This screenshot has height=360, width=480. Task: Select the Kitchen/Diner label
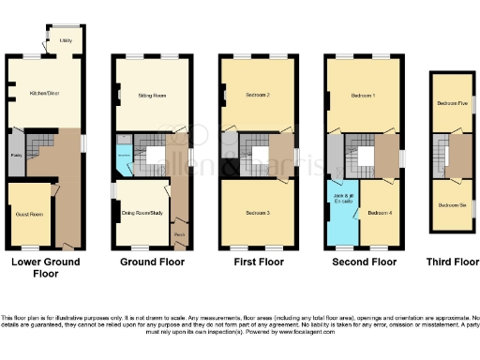point(44,94)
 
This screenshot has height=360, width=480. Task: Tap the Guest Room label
point(30,215)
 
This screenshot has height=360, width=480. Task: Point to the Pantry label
point(16,157)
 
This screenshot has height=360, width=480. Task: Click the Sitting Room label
point(152,96)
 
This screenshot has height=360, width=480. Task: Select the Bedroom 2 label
point(258,96)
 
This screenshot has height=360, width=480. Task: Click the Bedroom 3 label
point(258,215)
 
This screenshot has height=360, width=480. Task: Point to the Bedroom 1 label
point(364,96)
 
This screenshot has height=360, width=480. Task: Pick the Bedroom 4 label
point(379,215)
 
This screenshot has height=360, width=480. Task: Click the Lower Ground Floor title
point(45,267)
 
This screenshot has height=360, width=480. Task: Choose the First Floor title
point(258,262)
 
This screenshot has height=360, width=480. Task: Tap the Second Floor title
point(364,262)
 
